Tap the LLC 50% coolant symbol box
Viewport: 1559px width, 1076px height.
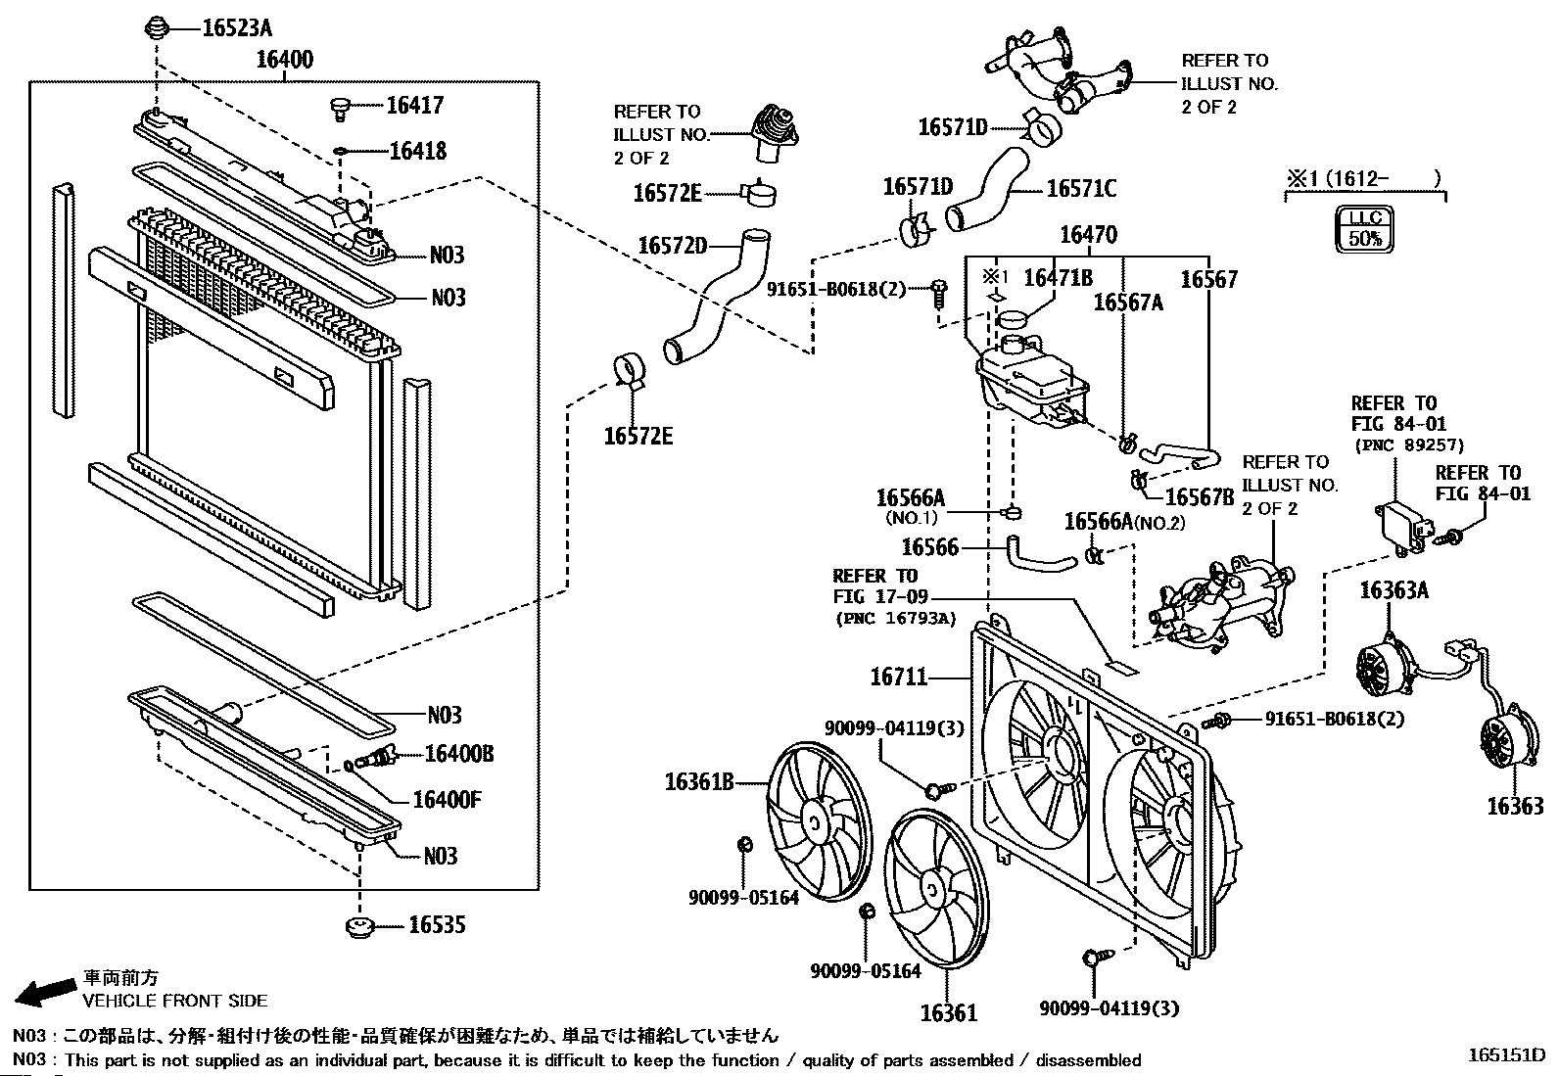pos(1365,229)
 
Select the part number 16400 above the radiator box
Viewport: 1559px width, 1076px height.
pos(285,60)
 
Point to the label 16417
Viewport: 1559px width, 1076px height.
pos(414,106)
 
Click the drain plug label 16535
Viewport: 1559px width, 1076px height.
pos(437,925)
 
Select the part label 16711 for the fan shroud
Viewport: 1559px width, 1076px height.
pos(899,677)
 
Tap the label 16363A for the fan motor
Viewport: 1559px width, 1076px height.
pos(1394,590)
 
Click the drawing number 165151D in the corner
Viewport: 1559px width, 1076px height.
pos(1505,1055)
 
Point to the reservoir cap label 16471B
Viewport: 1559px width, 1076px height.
pos(1058,279)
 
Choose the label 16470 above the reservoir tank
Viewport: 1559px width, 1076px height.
pos(1088,236)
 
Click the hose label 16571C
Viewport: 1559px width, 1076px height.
pos(1081,189)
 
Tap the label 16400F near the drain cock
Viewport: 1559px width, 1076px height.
pos(447,800)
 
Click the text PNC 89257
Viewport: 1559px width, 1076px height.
pos(1409,445)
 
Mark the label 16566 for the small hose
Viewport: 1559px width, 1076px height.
pos(929,547)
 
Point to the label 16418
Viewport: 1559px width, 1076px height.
pos(417,151)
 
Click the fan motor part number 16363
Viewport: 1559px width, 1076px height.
pos(1515,806)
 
